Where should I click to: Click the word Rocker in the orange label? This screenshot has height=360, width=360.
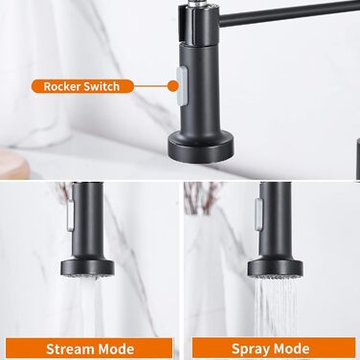point(61,86)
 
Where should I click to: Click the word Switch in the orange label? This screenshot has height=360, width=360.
point(101,86)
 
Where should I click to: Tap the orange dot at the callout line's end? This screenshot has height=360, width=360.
point(172,86)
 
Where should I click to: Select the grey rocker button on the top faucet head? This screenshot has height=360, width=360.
point(182,86)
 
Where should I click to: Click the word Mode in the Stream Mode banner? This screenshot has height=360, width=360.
point(113,349)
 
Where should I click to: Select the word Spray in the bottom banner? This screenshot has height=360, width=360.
point(248,349)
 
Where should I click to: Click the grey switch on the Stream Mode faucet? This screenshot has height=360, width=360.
point(70,215)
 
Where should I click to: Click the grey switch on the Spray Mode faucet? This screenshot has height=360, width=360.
point(259,214)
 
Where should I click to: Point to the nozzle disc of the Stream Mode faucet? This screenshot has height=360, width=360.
point(87,268)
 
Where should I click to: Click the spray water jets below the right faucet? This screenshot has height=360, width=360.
point(276,306)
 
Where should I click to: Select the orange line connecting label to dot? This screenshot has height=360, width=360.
point(150,86)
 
